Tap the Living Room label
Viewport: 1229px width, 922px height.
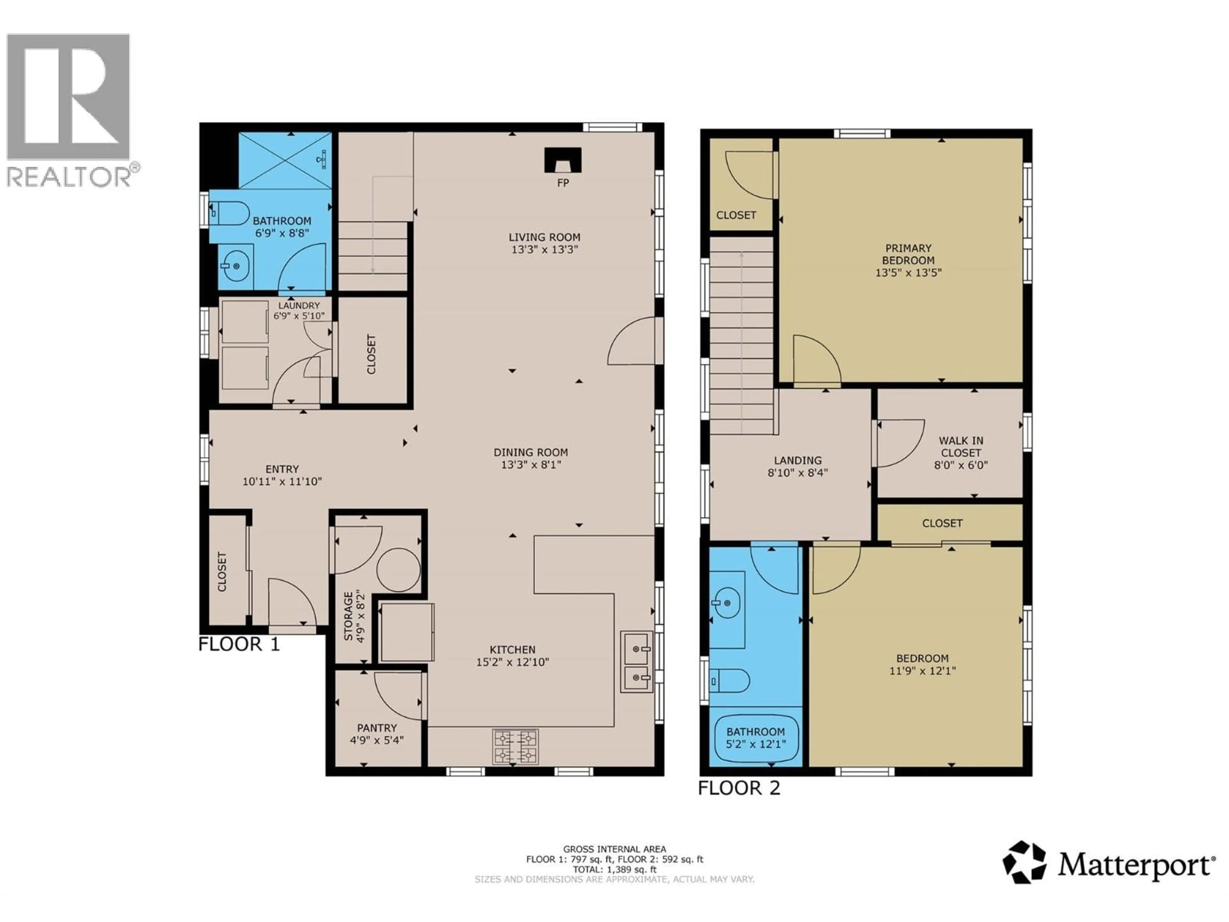544,237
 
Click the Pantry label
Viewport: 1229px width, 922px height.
377,727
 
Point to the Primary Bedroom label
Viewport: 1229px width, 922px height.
908,254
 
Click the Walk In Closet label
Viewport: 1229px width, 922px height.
961,446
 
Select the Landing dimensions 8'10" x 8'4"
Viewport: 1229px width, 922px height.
798,473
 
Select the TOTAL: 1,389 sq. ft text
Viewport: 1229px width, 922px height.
614,869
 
